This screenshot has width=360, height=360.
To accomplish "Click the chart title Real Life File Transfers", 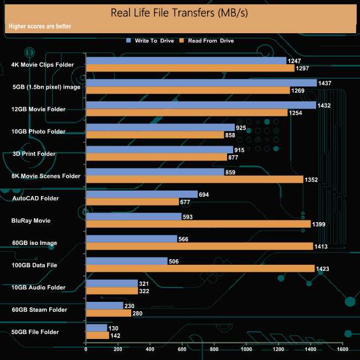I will (x=180, y=13).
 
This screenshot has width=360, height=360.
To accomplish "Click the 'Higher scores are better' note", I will (x=39, y=26).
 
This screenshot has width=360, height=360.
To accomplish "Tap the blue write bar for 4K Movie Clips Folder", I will (x=186, y=60).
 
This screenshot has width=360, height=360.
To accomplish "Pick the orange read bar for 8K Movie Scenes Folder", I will (x=195, y=179).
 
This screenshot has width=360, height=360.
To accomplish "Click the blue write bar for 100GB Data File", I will (x=127, y=261).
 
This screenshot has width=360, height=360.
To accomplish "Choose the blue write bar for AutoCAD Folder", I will (x=142, y=194).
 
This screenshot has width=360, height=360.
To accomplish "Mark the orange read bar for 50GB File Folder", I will (x=97, y=335).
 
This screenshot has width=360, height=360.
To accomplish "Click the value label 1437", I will (x=325, y=83).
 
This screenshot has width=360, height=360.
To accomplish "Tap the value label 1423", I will (x=324, y=269).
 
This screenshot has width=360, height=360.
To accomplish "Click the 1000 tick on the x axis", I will (x=246, y=349).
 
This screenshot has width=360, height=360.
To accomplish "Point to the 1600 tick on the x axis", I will (x=342, y=349).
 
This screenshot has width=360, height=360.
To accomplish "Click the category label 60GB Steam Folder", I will (x=39, y=310).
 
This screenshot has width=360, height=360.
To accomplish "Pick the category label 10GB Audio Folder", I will (x=39, y=287).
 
